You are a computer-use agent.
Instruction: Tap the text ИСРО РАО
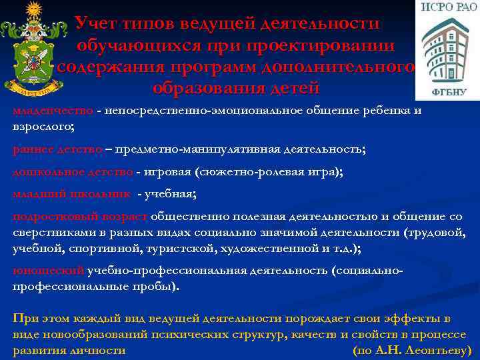447,9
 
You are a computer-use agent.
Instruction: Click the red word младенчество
53,111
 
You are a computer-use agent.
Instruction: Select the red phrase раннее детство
57,149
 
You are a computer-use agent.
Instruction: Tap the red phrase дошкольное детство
73,172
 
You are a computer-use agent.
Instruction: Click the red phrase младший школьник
71,194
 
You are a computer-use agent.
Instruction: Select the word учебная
174,194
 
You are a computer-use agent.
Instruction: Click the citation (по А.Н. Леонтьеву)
411,350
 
